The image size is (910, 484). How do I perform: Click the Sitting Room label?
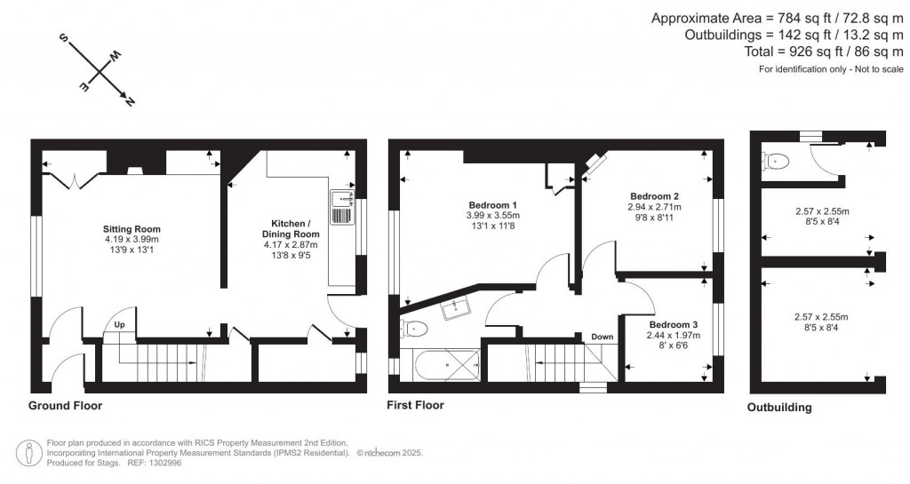click(x=131, y=228)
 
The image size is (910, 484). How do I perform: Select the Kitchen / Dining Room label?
click(x=291, y=228)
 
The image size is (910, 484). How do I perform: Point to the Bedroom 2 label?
click(x=655, y=196)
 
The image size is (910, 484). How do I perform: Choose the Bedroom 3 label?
click(x=673, y=325)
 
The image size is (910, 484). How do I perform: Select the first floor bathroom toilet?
click(x=415, y=329)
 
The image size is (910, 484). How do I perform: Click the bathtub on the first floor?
click(x=441, y=364)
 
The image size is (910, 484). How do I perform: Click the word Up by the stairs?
click(x=119, y=325)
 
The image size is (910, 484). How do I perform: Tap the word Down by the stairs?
click(x=603, y=337)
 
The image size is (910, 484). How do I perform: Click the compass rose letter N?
click(x=131, y=102)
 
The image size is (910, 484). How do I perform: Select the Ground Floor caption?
click(x=66, y=406)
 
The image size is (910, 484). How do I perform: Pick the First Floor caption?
click(x=415, y=405)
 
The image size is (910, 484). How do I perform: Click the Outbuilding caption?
click(x=779, y=409)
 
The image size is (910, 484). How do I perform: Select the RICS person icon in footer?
click(x=31, y=452)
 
